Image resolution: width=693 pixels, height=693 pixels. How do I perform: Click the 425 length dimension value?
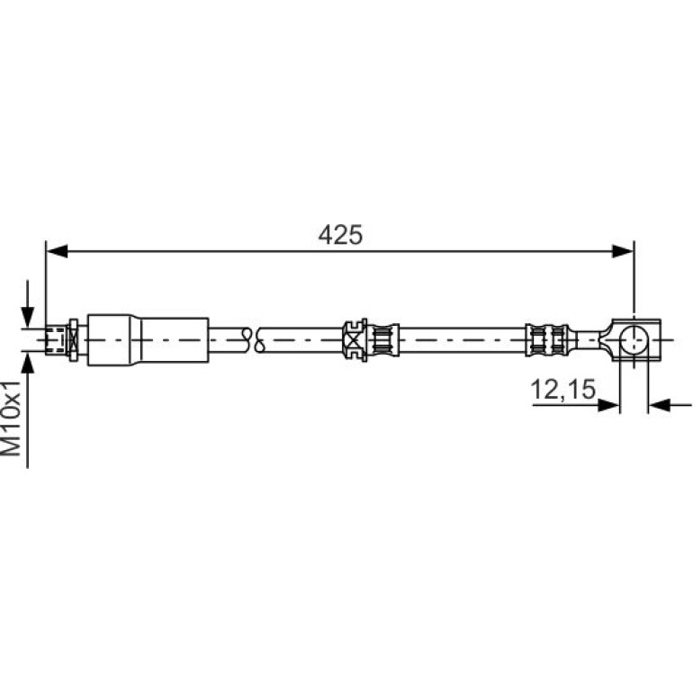[x=340, y=235]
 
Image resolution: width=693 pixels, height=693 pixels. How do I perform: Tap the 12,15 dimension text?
[x=562, y=390]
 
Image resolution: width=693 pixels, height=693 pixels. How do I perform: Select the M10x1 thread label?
[x=12, y=418]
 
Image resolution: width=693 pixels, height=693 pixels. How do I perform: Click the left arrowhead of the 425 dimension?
[x=57, y=251]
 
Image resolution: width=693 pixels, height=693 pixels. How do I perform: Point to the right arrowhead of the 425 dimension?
[x=623, y=251]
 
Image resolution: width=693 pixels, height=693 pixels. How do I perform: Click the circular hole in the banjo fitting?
[x=634, y=340]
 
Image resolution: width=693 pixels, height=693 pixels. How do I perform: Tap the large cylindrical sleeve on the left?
[x=148, y=340]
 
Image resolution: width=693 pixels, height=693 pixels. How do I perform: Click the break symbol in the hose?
[x=253, y=340]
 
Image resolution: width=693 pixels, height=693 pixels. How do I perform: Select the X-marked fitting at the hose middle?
[x=355, y=340]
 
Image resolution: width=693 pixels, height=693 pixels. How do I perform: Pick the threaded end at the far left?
[x=56, y=340]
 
